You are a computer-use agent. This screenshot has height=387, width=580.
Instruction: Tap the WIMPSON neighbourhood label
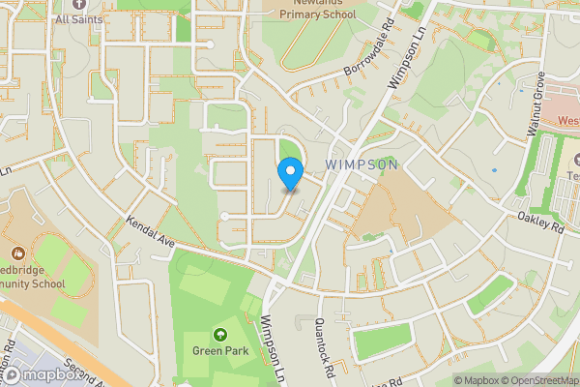[x=362, y=165]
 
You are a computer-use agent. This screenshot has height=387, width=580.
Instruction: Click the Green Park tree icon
[x=219, y=334]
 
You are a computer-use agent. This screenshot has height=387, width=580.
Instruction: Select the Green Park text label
[x=219, y=350]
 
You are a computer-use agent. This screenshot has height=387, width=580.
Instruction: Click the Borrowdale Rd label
[x=369, y=59]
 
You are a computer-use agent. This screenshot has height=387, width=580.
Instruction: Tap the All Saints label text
[x=76, y=18]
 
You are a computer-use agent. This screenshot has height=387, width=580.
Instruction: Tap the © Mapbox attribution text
[x=477, y=380]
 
